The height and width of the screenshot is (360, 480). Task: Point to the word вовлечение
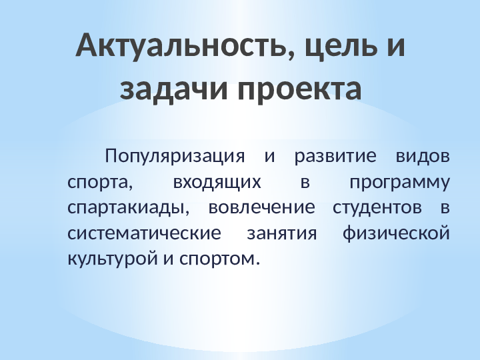tap(262, 207)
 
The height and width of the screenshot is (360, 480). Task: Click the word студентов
tap(377, 207)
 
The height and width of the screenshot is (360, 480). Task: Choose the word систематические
tap(144, 233)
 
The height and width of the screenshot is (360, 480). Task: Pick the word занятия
tap(281, 233)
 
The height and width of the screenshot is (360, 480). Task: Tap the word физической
tap(396, 233)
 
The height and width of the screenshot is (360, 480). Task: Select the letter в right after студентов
tap(445, 208)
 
